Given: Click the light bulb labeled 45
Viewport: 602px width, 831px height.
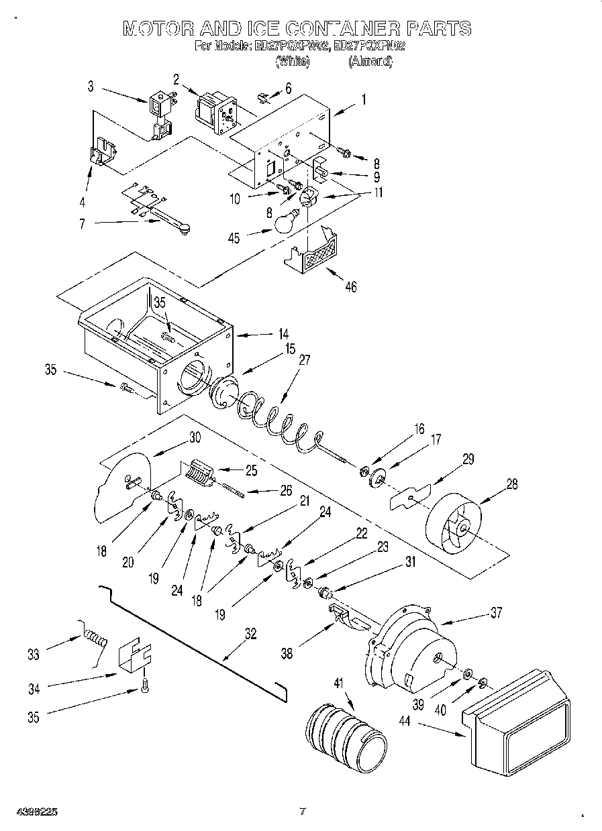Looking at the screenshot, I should pyautogui.click(x=284, y=221).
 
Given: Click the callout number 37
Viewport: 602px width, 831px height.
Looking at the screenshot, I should pyautogui.click(x=495, y=611).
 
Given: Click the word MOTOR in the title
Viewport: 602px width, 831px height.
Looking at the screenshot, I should pyautogui.click(x=158, y=29).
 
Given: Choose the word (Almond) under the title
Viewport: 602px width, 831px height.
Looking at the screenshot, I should pyautogui.click(x=370, y=61).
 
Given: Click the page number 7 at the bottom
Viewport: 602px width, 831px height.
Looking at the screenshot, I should pyautogui.click(x=302, y=812).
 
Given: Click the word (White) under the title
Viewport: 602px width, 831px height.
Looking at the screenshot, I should pyautogui.click(x=293, y=61).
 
